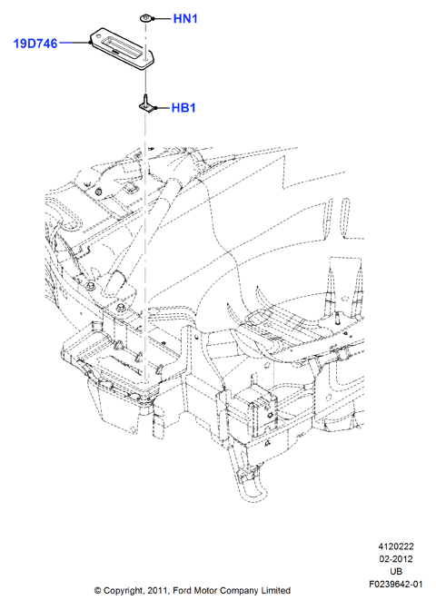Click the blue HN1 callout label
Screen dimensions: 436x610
coord(185,18)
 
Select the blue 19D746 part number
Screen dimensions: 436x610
coord(35,44)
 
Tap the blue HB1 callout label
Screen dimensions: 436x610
coord(183,108)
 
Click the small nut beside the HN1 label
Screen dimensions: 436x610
coord(145,18)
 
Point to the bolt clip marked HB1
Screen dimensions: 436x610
coord(145,105)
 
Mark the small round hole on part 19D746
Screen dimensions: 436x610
coord(144,59)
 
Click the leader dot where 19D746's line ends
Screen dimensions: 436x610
coord(90,43)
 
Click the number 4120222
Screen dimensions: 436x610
coord(396,546)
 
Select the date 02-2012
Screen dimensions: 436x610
coord(396,559)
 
